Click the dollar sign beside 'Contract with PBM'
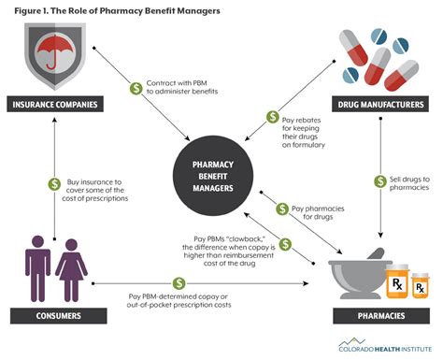pyautogui.click(x=135, y=89)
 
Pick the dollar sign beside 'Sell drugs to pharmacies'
pyautogui.click(x=381, y=180)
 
